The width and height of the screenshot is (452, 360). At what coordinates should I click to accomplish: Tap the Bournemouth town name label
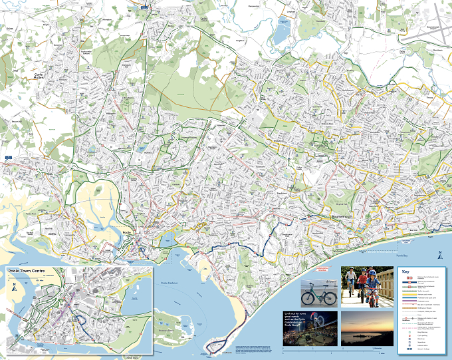point(345,217)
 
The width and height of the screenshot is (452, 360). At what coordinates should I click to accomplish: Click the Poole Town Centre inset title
point(29,271)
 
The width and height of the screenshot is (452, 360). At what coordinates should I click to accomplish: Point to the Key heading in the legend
point(406,271)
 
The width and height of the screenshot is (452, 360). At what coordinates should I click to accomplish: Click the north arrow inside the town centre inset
point(14,287)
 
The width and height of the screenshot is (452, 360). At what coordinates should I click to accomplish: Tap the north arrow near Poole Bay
point(438,253)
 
